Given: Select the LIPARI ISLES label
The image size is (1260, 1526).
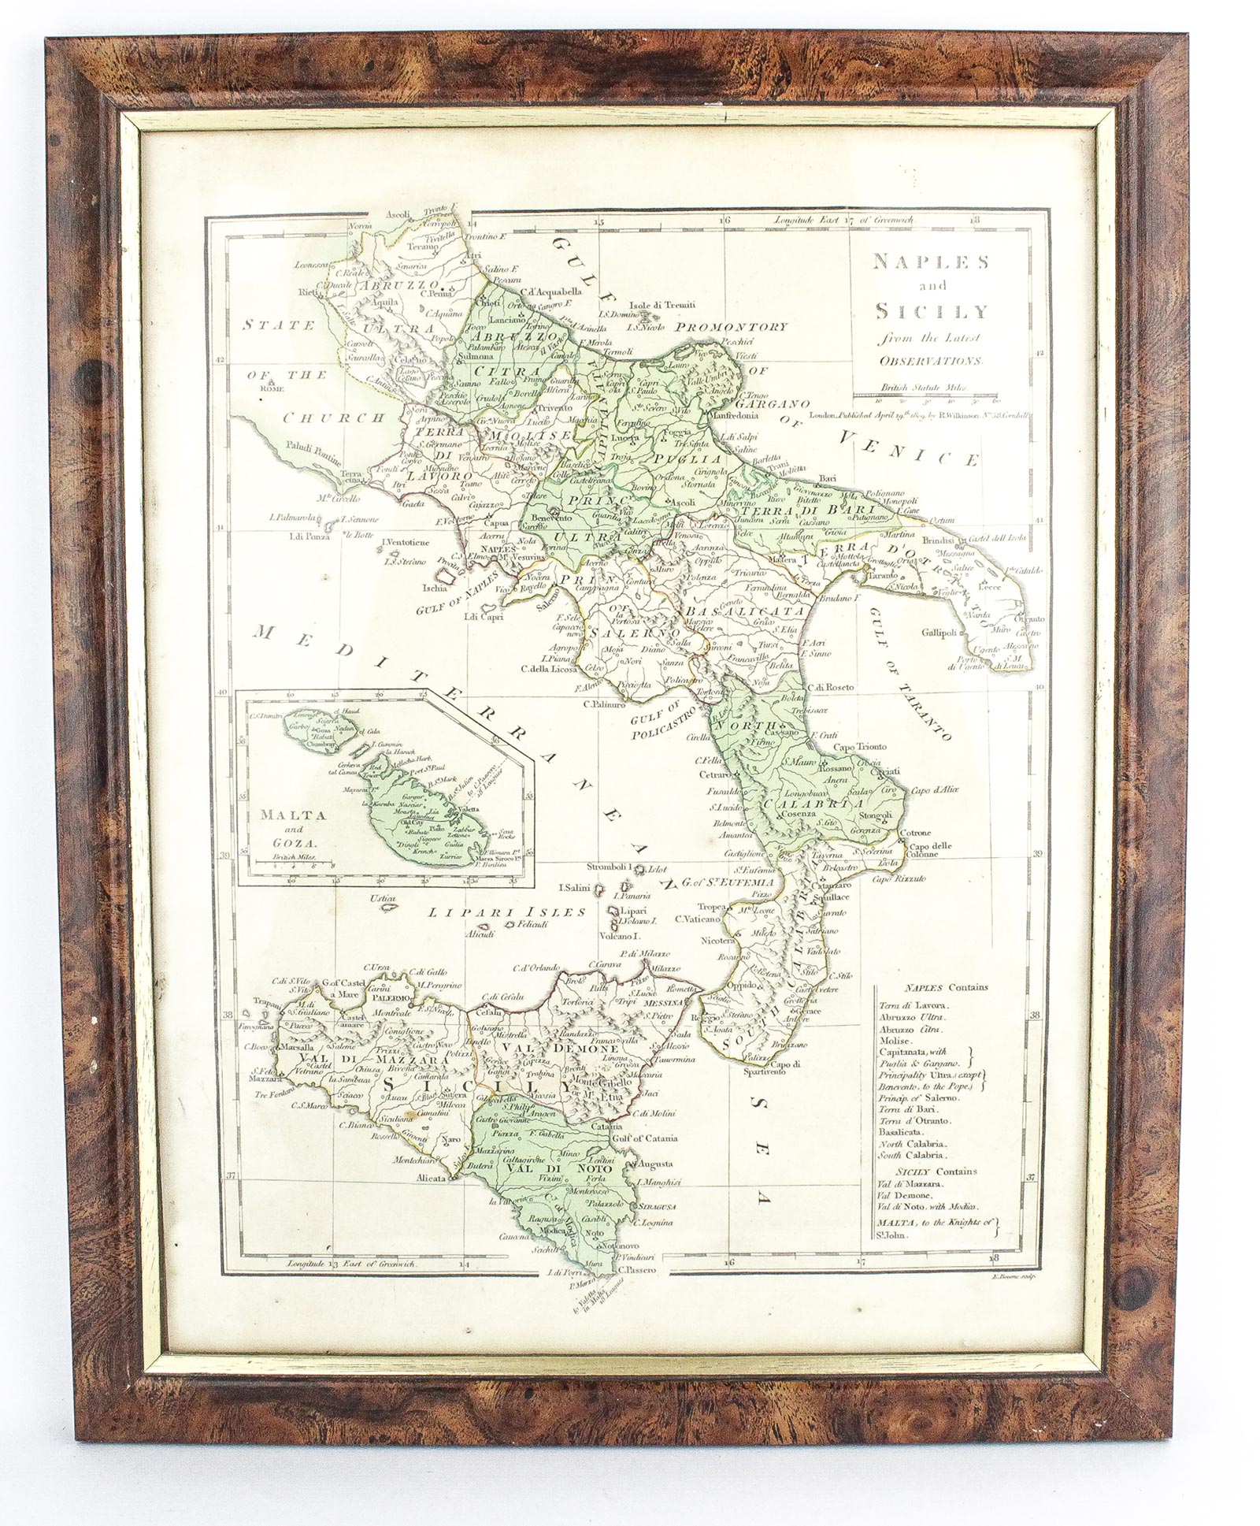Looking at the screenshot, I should click(x=507, y=912).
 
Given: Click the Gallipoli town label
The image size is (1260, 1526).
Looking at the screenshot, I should click(x=943, y=633).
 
